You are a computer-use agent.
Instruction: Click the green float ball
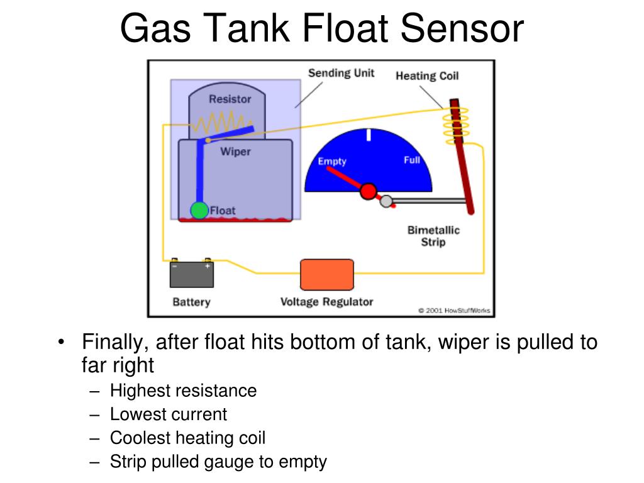(199, 211)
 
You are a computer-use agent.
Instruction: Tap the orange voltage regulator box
(326, 275)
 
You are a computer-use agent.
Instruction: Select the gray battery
(192, 275)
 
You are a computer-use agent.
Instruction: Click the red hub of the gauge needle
(369, 191)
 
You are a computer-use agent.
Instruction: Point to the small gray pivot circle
(387, 201)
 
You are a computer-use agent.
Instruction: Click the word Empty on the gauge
(332, 162)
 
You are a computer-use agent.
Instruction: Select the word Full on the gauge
(412, 160)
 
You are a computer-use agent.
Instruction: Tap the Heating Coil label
(427, 76)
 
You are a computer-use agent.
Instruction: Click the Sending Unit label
(341, 73)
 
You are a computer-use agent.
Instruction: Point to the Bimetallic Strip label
(433, 236)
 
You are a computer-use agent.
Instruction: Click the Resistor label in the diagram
(230, 99)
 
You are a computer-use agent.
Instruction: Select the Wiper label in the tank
(235, 152)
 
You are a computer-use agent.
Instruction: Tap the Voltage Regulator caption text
(326, 302)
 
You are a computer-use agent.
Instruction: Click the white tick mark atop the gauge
(369, 135)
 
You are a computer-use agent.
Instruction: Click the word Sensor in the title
(462, 28)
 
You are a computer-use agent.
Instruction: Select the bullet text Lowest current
(168, 414)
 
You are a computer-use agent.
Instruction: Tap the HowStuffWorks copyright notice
(453, 310)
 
